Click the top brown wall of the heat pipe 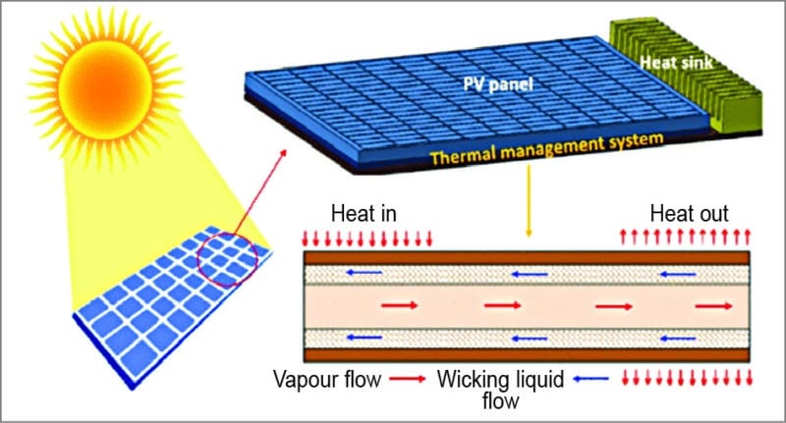pos(526,258)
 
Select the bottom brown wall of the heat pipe pos(526,354)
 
